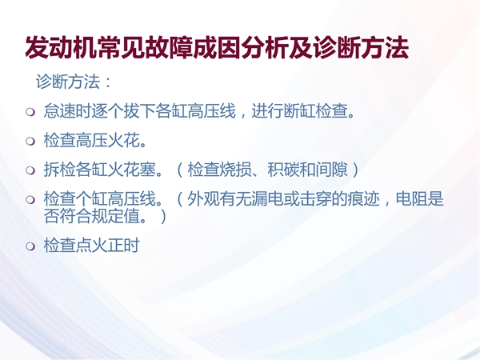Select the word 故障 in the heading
tap(169, 48)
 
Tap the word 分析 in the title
tap(265, 48)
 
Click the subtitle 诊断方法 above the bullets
tap(68, 82)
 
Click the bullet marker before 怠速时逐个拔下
tap(30, 112)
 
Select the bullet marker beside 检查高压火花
tap(30, 141)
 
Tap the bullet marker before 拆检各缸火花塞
tap(30, 170)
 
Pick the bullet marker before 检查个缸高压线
tap(30, 199)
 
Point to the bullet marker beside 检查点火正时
tap(30, 246)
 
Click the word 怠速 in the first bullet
tap(60, 111)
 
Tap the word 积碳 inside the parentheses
tap(283, 170)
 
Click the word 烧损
tap(236, 170)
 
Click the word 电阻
tap(412, 199)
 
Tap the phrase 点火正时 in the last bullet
tap(108, 246)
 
